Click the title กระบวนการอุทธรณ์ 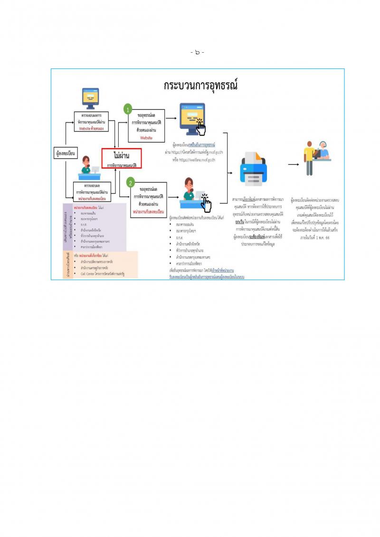(x=200, y=85)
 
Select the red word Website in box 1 (x=146, y=137)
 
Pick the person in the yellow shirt (x=309, y=154)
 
